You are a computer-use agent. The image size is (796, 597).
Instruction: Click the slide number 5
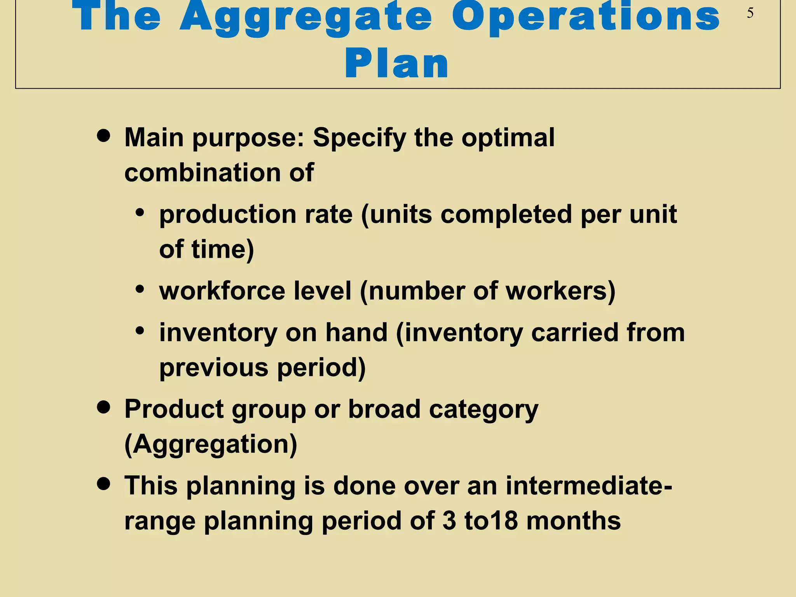(750, 13)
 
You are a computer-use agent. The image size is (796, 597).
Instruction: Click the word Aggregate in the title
(305, 17)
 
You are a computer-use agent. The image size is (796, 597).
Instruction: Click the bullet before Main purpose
(103, 136)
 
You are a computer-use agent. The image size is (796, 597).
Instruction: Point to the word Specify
(359, 138)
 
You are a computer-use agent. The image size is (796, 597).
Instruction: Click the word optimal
(508, 138)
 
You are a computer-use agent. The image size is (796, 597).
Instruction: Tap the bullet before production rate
(140, 213)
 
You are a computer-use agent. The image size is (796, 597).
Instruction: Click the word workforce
(222, 291)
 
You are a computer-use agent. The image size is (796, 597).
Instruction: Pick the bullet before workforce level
(140, 289)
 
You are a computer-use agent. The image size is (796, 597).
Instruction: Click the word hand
(356, 333)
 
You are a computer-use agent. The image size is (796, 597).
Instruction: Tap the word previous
(213, 368)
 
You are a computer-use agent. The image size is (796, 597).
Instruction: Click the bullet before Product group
(103, 408)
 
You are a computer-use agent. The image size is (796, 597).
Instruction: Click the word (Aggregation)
(211, 444)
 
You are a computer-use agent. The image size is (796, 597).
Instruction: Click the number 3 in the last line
(449, 521)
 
